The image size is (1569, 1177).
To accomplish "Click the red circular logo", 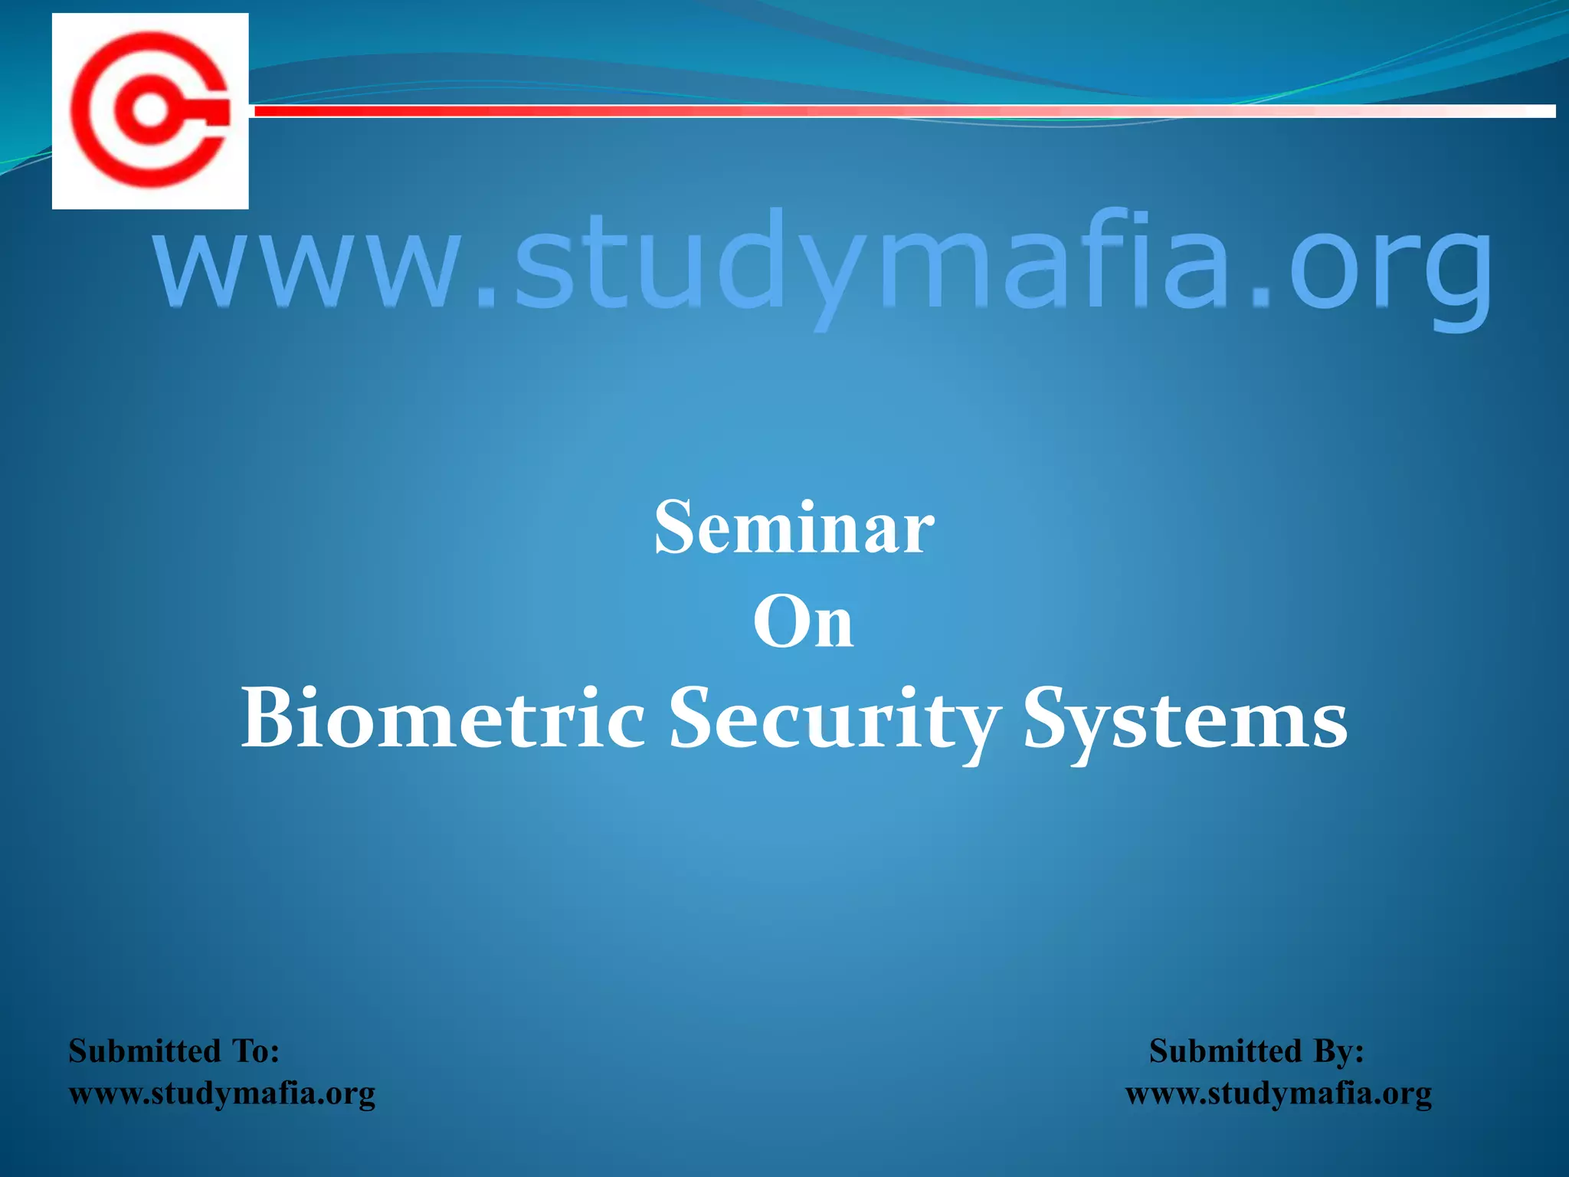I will point(150,110).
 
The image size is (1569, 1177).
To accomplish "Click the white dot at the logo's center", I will point(149,110).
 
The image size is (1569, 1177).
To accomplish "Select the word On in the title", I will point(802,622).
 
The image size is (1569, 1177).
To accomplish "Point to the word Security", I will point(834,720).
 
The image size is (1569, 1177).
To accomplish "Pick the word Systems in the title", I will point(1184,720).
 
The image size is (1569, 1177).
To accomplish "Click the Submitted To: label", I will point(174,1051).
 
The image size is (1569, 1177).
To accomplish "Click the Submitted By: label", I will point(1256,1051).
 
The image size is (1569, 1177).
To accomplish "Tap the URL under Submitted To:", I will point(222,1093).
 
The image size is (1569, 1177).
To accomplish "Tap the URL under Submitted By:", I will point(1278,1093).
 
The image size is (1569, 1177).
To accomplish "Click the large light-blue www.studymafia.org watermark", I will point(823,264).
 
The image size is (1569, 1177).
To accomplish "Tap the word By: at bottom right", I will point(1339,1051).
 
